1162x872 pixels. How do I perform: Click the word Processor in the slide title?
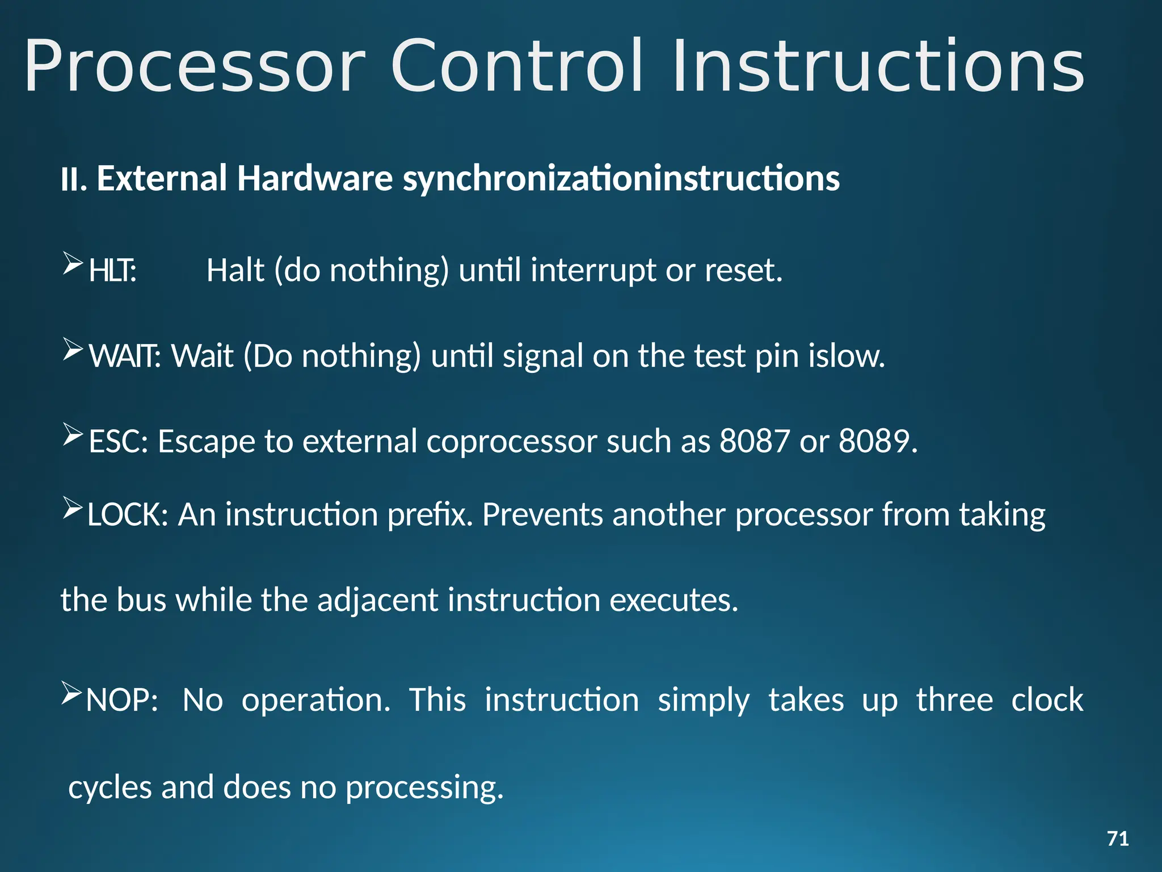[x=195, y=67]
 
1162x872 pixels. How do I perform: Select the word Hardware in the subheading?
[x=315, y=178]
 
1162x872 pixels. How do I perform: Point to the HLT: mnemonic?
[x=112, y=271]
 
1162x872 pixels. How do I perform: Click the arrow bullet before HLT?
[x=73, y=263]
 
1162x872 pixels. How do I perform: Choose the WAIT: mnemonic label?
[x=125, y=357]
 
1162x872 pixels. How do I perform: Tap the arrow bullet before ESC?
[x=73, y=434]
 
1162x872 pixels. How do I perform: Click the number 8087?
[x=754, y=441]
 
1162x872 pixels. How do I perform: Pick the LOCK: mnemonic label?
[x=128, y=515]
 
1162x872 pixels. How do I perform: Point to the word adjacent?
[x=378, y=601]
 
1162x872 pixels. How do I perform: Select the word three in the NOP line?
[x=954, y=699]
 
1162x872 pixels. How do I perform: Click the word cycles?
[x=110, y=788]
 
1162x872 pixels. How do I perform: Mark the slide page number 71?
[x=1118, y=839]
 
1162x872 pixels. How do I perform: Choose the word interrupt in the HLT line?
[x=593, y=271]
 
